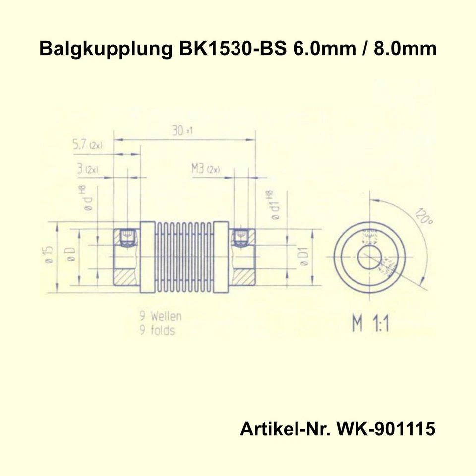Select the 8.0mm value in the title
click(405, 50)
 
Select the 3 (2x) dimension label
click(87, 169)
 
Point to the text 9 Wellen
click(160, 316)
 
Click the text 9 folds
click(157, 330)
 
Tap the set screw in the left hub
click(128, 238)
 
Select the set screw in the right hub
click(240, 238)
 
